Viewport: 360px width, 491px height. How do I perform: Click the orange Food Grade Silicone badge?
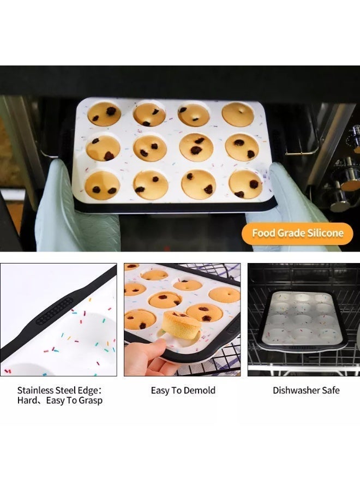tap(297, 233)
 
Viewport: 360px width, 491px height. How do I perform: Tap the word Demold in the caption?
tap(199, 390)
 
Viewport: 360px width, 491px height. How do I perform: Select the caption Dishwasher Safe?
tap(306, 390)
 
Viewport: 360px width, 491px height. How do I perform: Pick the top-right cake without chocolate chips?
tap(238, 115)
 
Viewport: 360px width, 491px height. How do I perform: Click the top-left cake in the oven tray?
tap(104, 114)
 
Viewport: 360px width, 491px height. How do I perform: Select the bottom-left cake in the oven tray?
tap(102, 185)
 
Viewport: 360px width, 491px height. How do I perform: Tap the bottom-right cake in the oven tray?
tap(245, 184)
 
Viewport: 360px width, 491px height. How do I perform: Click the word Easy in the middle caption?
tap(161, 390)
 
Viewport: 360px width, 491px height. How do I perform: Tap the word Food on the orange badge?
tap(263, 233)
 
